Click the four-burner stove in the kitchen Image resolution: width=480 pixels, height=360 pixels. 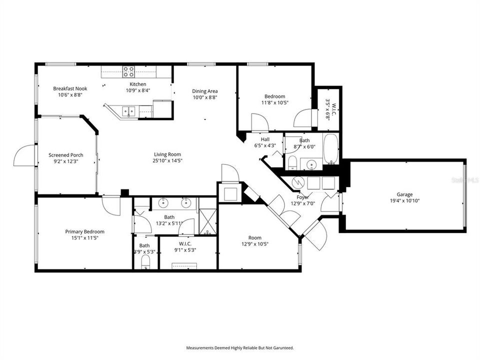tap(129, 71)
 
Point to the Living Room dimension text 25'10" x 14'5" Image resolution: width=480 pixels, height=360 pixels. tap(167, 161)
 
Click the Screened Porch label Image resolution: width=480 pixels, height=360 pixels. tap(66, 155)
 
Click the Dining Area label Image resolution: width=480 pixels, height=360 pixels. tap(205, 91)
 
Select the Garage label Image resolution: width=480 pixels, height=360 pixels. tap(404, 194)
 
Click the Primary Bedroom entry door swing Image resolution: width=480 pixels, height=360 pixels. tap(111, 205)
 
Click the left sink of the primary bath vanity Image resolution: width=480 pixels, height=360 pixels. tap(164, 203)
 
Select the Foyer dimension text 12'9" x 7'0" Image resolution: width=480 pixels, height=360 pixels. tap(304, 203)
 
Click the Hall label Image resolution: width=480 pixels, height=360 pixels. tap(265, 140)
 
